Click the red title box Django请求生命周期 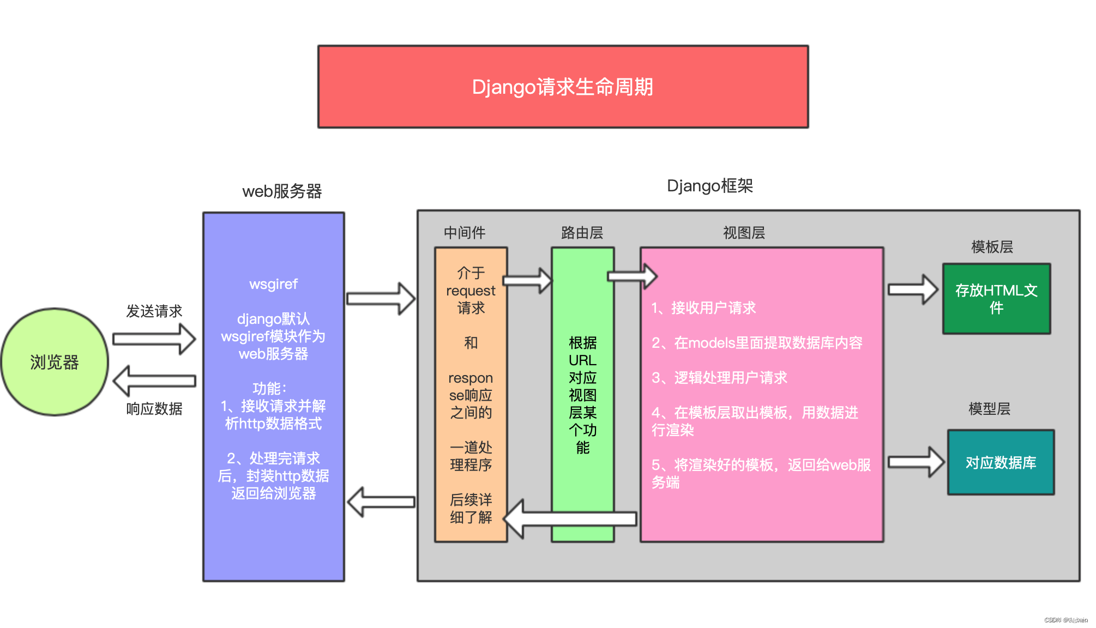click(x=563, y=87)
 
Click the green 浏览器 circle click(x=55, y=362)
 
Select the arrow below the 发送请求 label click(x=154, y=339)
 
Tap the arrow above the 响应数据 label click(x=154, y=381)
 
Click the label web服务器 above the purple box click(x=282, y=191)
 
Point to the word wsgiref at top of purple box click(x=273, y=284)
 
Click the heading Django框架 click(x=709, y=186)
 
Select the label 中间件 click(x=464, y=233)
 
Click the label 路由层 click(x=582, y=233)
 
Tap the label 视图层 click(x=744, y=233)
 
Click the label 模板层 click(x=992, y=247)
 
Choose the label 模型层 click(x=989, y=409)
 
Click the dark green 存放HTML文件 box click(x=996, y=299)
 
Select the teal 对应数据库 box click(x=1001, y=462)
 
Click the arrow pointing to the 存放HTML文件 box click(x=912, y=289)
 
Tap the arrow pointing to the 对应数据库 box click(x=915, y=462)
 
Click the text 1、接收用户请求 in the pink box click(x=703, y=308)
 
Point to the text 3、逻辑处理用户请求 click(x=719, y=378)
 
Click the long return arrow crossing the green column click(x=570, y=518)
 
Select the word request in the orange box click(x=471, y=291)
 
